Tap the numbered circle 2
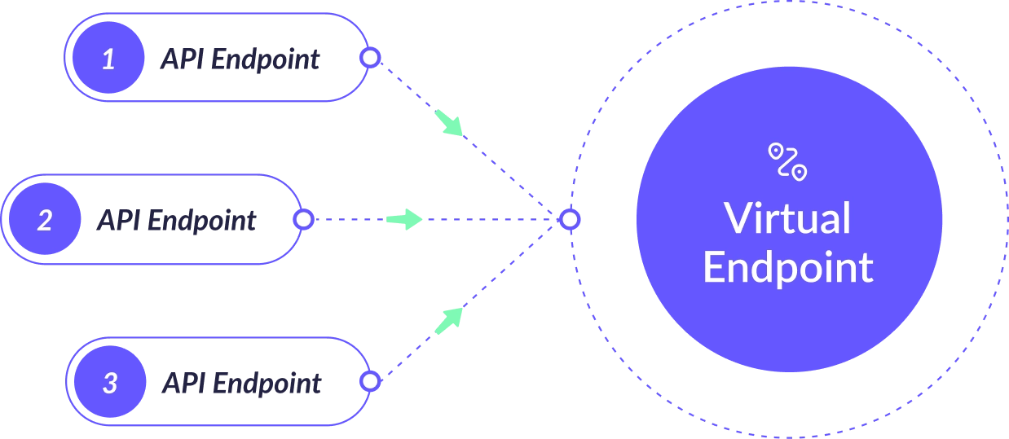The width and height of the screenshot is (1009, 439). (45, 220)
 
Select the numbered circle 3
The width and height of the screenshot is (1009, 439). (110, 383)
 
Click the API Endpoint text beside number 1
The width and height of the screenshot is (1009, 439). (240, 59)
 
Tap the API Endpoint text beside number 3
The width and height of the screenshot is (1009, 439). (243, 384)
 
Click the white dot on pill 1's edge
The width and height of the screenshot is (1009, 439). (370, 58)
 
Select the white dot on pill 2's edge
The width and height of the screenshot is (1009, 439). (303, 219)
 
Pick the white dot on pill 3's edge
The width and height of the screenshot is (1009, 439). (370, 381)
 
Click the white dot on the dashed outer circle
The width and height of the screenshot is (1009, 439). (570, 219)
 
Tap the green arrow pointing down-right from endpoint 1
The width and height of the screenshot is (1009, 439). (449, 122)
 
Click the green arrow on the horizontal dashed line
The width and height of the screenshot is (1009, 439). (404, 219)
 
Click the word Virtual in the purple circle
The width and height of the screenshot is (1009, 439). (787, 218)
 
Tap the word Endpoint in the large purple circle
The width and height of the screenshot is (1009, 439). (787, 266)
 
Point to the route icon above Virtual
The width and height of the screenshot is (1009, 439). (787, 160)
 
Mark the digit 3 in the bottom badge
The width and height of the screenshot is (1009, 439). (110, 383)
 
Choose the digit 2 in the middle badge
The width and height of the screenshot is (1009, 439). (45, 220)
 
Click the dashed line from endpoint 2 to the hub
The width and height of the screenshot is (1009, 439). (489, 219)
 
